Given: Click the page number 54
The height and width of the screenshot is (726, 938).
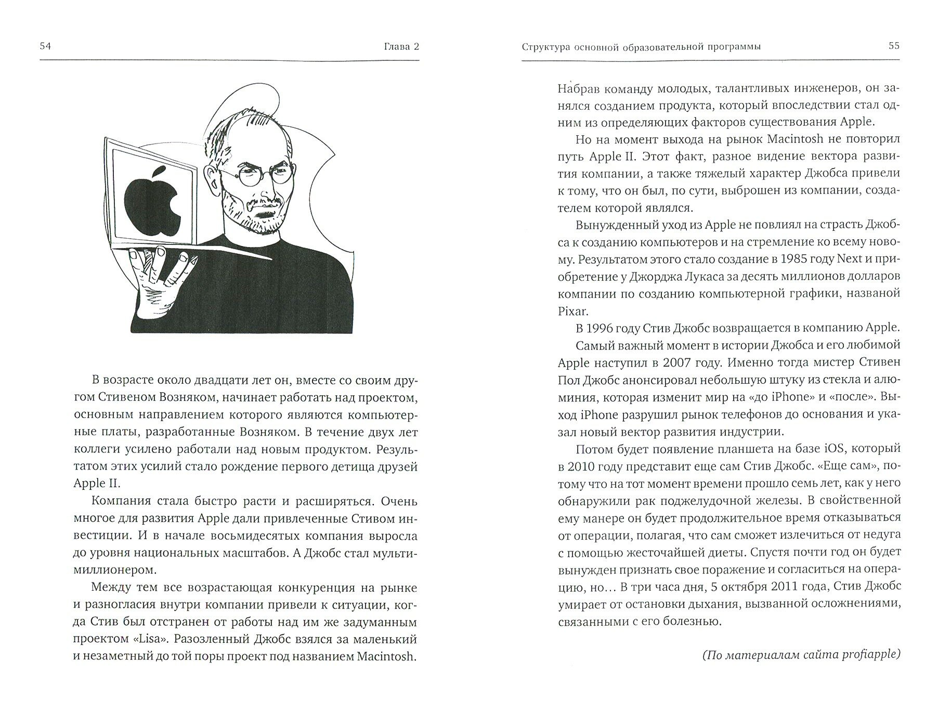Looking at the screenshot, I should (45, 47).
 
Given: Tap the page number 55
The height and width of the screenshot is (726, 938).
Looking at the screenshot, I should (894, 46).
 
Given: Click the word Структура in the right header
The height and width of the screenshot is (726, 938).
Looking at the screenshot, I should (546, 47).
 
